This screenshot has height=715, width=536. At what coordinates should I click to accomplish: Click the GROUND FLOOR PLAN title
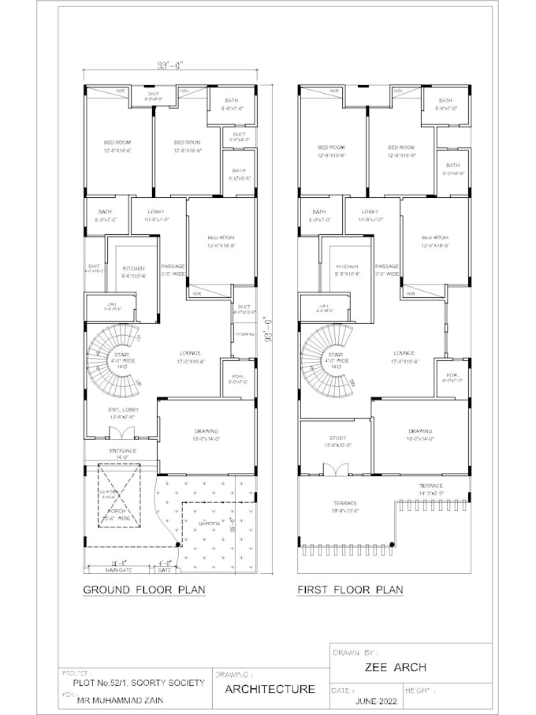[144, 590]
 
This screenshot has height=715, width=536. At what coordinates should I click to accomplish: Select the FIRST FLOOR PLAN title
[350, 590]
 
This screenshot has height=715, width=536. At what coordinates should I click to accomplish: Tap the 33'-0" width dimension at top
[169, 66]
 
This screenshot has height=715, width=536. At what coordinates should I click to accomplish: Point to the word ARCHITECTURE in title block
[270, 689]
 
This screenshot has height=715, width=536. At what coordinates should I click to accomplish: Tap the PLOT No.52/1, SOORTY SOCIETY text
[139, 682]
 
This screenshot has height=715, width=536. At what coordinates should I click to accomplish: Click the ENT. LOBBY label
[124, 411]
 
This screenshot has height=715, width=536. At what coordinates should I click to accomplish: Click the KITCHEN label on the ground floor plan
[132, 268]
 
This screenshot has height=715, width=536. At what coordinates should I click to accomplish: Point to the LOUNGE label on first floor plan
[403, 353]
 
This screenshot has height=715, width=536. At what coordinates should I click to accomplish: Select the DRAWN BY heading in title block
[356, 652]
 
